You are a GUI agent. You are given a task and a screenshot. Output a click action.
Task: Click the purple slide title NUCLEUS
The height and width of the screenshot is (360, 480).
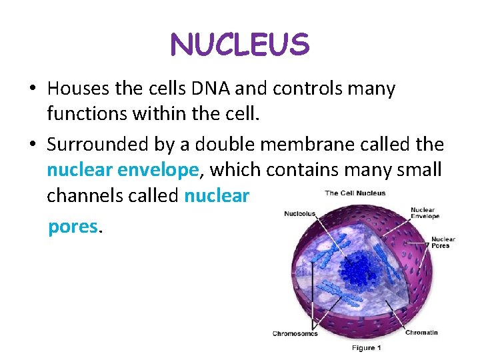click(240, 45)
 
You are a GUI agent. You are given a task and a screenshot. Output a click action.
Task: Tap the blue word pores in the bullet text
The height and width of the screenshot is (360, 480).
click(73, 227)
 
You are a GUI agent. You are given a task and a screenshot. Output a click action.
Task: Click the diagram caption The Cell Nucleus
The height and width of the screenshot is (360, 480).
click(355, 193)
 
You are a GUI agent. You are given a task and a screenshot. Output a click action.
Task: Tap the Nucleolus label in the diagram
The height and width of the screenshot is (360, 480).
click(300, 214)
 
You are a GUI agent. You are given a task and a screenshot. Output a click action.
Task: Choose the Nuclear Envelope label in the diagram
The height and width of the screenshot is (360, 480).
click(425, 213)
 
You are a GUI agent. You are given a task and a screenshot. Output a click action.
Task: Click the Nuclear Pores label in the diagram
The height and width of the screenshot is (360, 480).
click(443, 243)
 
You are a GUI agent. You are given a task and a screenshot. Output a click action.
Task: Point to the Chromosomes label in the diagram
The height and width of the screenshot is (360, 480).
click(295, 333)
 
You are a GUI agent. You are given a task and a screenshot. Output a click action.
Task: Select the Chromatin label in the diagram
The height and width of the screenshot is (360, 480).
click(421, 332)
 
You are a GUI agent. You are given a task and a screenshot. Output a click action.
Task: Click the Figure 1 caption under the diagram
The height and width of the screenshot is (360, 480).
click(367, 348)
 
